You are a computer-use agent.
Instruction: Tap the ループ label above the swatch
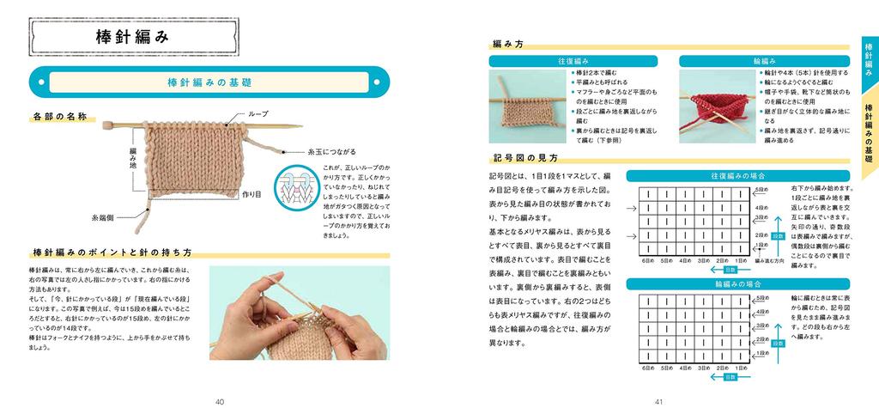258,113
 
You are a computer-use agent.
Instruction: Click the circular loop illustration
294,188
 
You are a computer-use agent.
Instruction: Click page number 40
220,401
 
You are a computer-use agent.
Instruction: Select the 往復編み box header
573,61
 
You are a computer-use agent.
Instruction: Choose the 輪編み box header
763,61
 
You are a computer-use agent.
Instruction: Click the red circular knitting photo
716,108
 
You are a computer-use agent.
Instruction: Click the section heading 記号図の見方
525,158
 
